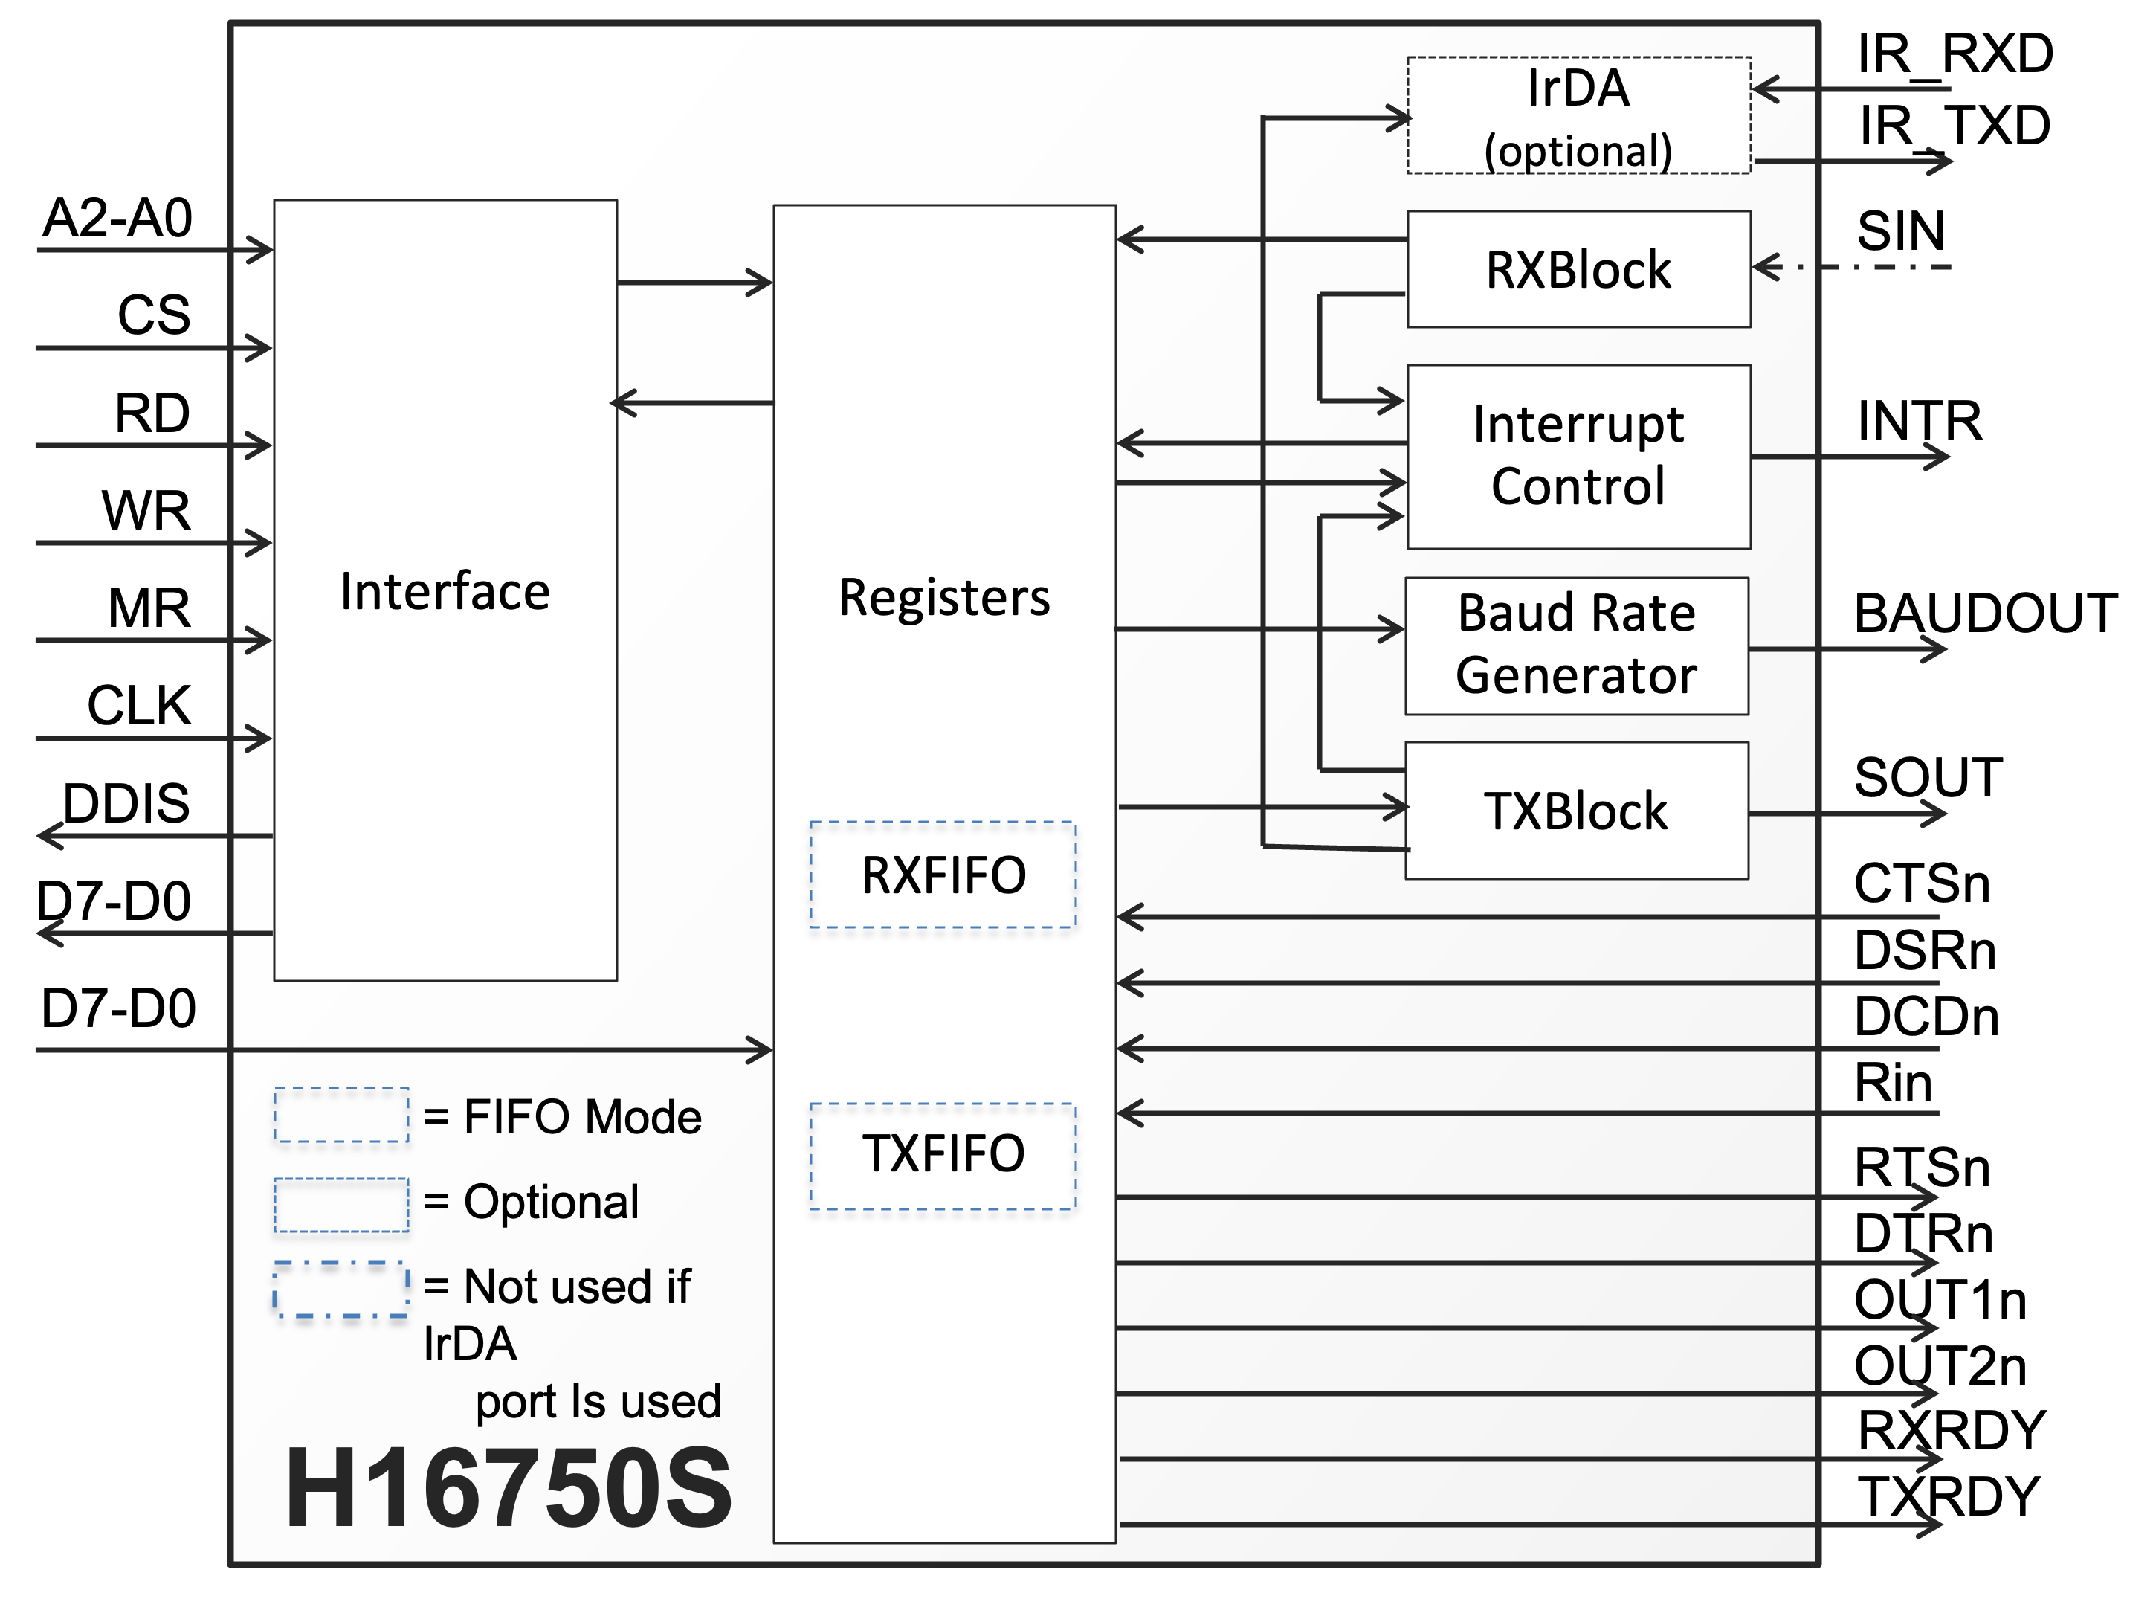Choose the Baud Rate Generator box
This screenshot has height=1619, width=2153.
click(x=1576, y=646)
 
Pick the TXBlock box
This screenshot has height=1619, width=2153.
click(x=1576, y=811)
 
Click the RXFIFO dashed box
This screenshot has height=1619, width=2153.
click(x=943, y=875)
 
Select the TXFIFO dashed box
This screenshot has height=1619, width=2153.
click(x=943, y=1156)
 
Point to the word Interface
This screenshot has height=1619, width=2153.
click(x=445, y=592)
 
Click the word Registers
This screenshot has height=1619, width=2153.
click(x=943, y=596)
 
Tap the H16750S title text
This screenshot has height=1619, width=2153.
click(x=508, y=1487)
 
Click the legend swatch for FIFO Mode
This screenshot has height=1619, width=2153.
click(x=340, y=1115)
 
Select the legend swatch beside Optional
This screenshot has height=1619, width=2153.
click(x=340, y=1204)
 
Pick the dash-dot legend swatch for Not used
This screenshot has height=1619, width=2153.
click(x=340, y=1289)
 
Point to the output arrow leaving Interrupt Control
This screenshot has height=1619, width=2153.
click(x=1850, y=456)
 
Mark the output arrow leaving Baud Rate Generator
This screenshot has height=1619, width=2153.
click(x=1847, y=648)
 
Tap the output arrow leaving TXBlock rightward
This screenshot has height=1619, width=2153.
click(x=1847, y=813)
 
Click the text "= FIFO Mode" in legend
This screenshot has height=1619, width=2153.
click(x=563, y=1117)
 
